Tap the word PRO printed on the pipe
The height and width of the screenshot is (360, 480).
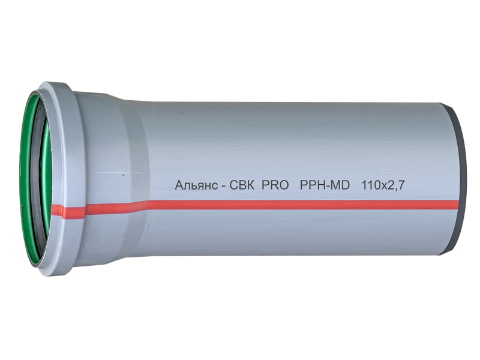(275, 185)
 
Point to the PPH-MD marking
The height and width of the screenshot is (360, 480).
(325, 185)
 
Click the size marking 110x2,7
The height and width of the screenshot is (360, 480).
(383, 185)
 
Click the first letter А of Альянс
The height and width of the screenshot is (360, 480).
(179, 185)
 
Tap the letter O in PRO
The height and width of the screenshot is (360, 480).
(283, 185)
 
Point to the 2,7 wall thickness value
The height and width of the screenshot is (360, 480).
(397, 186)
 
